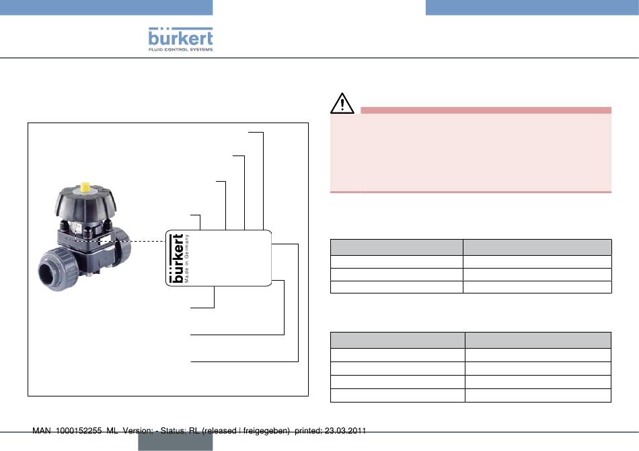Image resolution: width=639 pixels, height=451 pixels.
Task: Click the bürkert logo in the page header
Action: click(x=180, y=37)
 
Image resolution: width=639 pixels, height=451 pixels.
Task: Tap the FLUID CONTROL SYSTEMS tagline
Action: click(x=180, y=49)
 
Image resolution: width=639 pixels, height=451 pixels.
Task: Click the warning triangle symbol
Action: click(x=342, y=103)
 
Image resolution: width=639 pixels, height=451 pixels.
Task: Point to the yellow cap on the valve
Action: click(x=85, y=186)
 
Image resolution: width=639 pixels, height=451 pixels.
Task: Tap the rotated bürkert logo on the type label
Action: click(x=176, y=258)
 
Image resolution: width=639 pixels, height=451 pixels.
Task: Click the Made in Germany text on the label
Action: click(x=186, y=258)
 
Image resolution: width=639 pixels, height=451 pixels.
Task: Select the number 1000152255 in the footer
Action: click(x=79, y=431)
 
